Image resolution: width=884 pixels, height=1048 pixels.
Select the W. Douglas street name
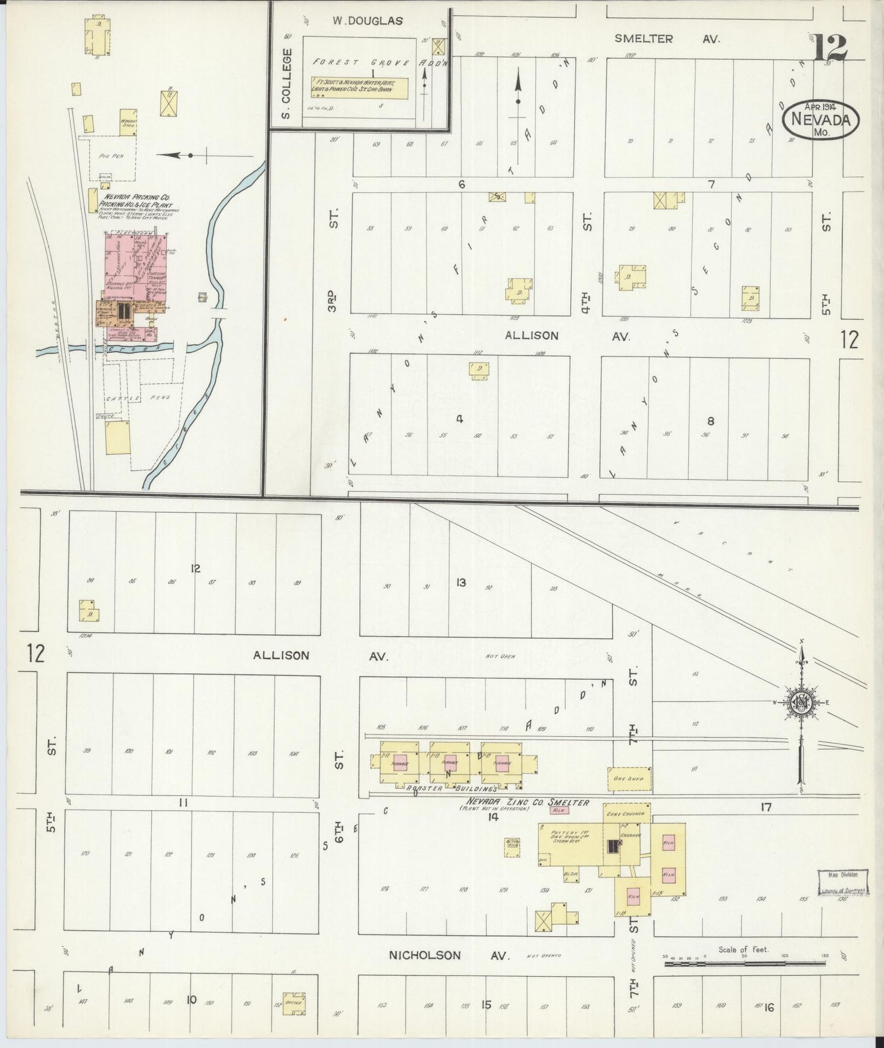coord(367,21)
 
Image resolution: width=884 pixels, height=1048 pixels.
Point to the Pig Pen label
coord(111,156)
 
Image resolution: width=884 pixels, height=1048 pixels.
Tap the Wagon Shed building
coord(128,122)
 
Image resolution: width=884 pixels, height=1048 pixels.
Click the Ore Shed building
coord(629,778)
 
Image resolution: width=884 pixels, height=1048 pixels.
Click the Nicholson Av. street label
coord(450,955)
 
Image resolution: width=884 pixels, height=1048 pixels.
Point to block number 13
coord(461,583)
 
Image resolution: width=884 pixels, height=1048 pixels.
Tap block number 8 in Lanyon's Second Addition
coord(710,421)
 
